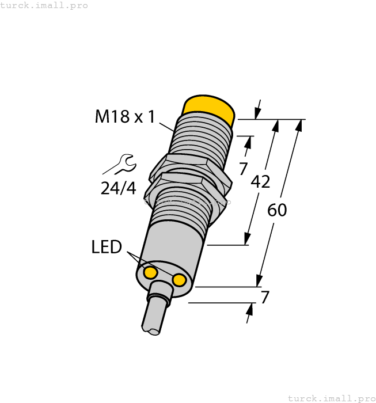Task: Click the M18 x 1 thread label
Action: [x=125, y=117]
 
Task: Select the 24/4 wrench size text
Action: [x=118, y=188]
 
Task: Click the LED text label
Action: [x=107, y=247]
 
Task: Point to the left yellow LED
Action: [x=150, y=272]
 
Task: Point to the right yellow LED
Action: [x=180, y=280]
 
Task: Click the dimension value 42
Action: [x=260, y=182]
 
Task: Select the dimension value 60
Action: [x=277, y=210]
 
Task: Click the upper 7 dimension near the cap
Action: [x=243, y=169]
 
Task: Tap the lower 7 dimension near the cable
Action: [x=265, y=298]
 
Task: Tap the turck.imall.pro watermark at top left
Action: [x=44, y=5]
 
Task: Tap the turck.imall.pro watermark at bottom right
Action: [x=331, y=398]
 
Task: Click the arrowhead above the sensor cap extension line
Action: [x=257, y=113]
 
